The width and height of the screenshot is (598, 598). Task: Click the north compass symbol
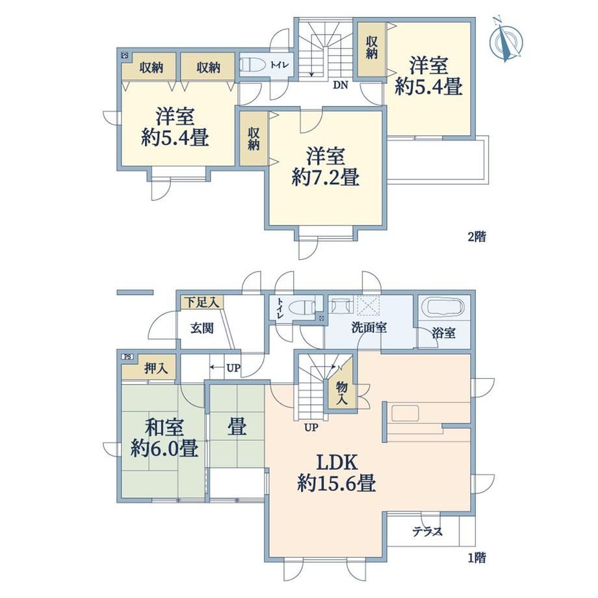click(507, 40)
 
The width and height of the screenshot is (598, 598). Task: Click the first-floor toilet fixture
click(302, 307)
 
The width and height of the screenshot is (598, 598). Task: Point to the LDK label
click(337, 462)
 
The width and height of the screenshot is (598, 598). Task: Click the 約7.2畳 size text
click(325, 177)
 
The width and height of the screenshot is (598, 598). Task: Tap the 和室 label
click(164, 427)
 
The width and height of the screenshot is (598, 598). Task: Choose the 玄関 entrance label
click(202, 328)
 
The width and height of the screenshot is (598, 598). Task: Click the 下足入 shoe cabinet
click(202, 303)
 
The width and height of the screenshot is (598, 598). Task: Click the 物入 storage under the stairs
click(343, 393)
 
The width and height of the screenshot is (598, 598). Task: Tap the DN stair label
click(341, 85)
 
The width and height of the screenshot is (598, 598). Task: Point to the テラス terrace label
click(427, 531)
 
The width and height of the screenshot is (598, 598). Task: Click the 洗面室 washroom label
click(369, 327)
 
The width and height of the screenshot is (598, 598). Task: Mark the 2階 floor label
click(476, 237)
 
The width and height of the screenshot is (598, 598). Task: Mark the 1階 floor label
click(476, 558)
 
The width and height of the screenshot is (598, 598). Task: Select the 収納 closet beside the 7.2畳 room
click(253, 138)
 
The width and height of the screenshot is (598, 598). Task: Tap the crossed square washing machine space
click(369, 305)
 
